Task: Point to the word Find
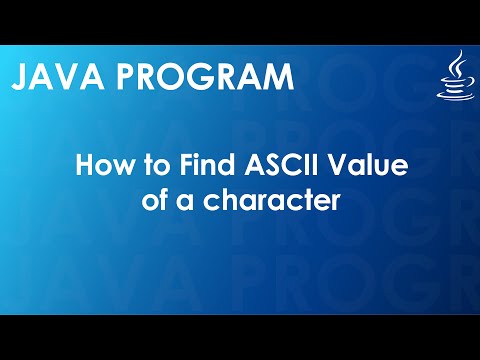click(199, 166)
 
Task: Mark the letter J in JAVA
click(20, 76)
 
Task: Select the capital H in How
click(86, 166)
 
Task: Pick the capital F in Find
click(180, 166)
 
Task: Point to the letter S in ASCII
click(252, 166)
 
